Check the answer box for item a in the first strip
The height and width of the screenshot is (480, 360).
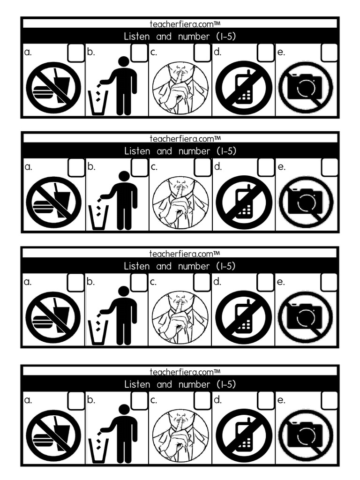76,53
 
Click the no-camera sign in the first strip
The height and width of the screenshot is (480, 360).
305,88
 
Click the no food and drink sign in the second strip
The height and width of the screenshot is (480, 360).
53,202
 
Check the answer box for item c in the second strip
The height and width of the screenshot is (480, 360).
202,167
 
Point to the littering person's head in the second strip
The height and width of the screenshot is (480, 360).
124,176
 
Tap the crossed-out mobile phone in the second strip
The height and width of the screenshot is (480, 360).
244,202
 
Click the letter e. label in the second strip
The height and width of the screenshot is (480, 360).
281,167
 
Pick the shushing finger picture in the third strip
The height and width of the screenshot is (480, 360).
180,317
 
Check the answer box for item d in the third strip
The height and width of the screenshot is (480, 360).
265,282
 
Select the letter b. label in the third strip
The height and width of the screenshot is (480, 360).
91,282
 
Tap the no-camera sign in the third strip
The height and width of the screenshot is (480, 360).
305,317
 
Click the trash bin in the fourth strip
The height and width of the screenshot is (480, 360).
98,450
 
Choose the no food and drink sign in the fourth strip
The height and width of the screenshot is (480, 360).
53,435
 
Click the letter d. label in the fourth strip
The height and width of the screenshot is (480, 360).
217,400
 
